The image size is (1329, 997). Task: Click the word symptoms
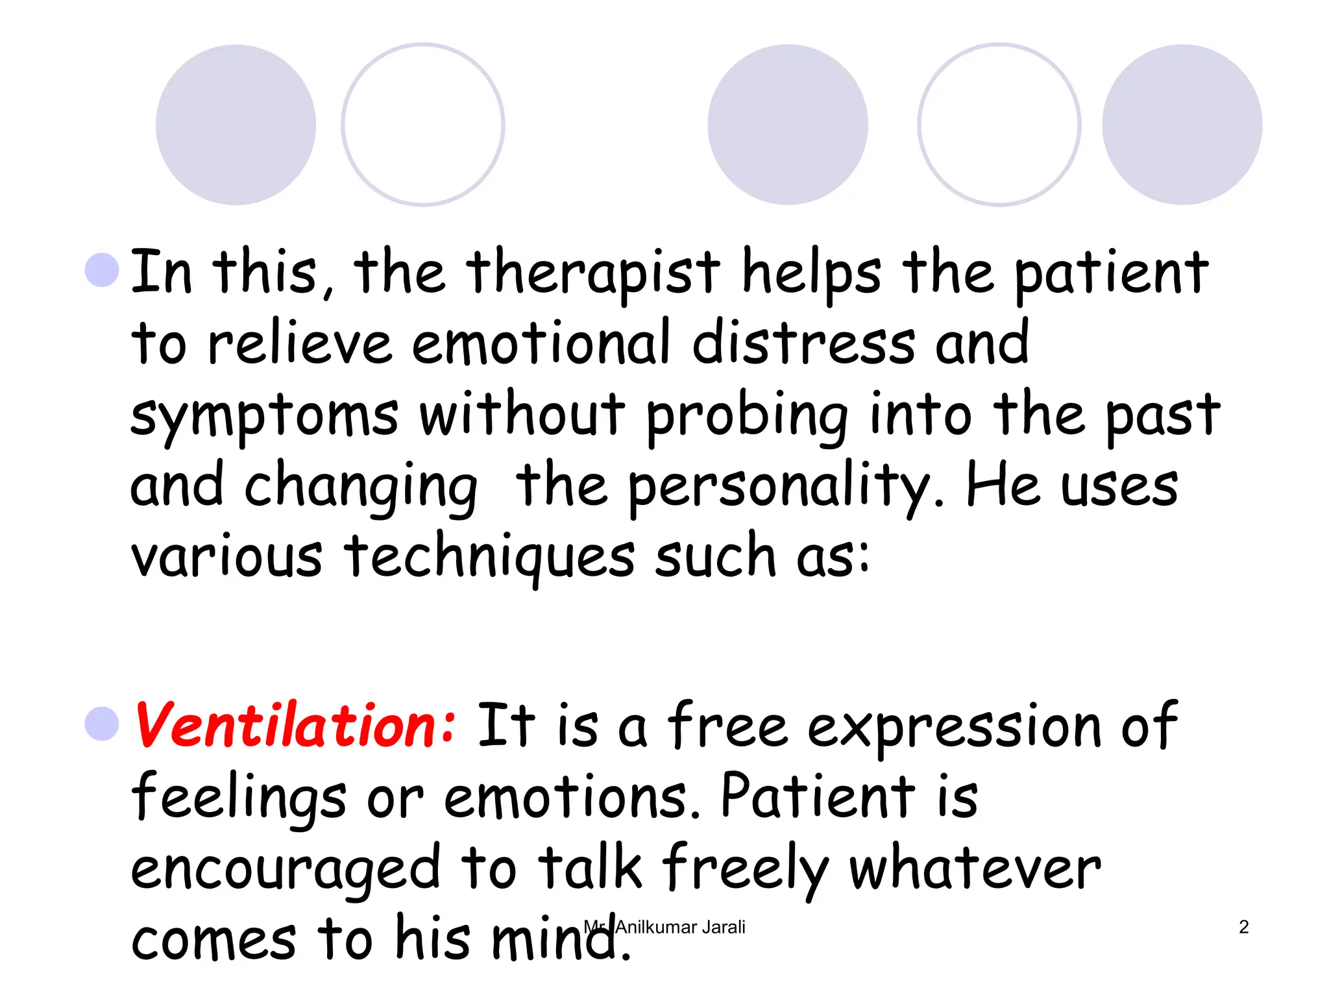click(264, 415)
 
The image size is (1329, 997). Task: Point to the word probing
click(747, 415)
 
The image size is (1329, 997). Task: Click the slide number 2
click(1243, 927)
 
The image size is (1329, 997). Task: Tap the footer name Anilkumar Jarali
click(679, 927)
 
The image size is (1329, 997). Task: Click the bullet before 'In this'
click(102, 269)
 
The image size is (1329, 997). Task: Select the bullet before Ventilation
click(102, 723)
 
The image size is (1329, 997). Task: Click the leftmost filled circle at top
click(236, 125)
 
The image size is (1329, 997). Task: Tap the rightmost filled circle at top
click(1182, 125)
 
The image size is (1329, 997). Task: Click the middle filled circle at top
click(787, 125)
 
